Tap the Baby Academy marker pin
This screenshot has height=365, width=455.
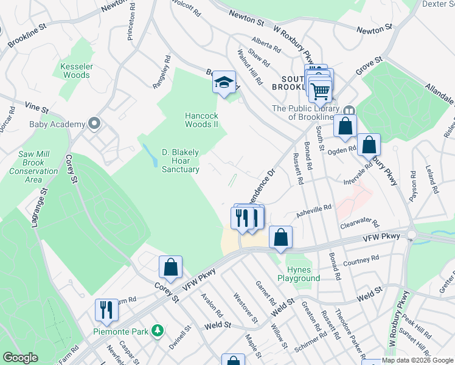[94, 124]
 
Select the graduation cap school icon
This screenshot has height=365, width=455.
[224, 82]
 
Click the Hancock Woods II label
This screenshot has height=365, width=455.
[201, 120]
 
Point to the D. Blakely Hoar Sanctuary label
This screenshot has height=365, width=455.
[181, 160]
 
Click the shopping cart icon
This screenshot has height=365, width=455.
[321, 91]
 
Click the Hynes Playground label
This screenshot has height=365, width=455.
[299, 274]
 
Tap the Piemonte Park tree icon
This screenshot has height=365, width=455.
[158, 330]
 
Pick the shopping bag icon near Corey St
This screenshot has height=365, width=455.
[171, 266]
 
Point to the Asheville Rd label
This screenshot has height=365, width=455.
[314, 209]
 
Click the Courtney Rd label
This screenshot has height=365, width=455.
[361, 261]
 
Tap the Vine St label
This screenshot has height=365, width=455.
[36, 108]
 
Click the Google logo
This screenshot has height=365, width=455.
[21, 358]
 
